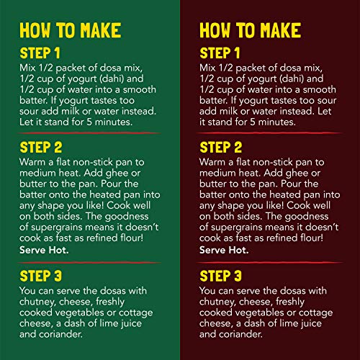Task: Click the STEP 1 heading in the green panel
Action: tap(40, 53)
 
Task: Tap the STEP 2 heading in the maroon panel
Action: tap(221, 147)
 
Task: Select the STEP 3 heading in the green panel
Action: tap(41, 276)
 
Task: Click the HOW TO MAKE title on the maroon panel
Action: tap(251, 30)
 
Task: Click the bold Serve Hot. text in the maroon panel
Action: tap(224, 250)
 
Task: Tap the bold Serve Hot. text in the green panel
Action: tap(44, 250)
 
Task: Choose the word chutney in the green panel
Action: tap(37, 302)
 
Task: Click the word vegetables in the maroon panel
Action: tap(260, 313)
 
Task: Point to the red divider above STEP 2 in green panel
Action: tap(89, 133)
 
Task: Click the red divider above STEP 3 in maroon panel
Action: tap(269, 263)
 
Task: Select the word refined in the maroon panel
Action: tap(282, 238)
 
